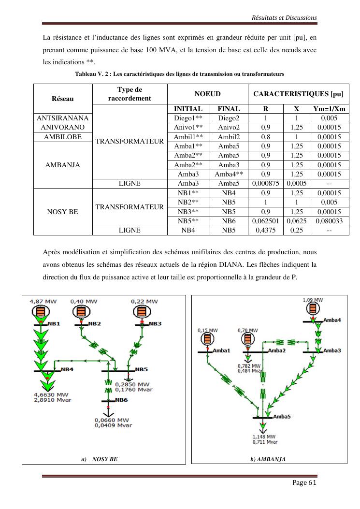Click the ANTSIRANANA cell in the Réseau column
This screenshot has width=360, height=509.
point(63,118)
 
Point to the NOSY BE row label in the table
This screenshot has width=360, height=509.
point(63,212)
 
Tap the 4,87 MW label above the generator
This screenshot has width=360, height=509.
point(43,301)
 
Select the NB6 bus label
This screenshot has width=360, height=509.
point(121,400)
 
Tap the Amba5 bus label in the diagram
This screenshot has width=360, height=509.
point(282,416)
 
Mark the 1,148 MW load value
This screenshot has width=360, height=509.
point(264,437)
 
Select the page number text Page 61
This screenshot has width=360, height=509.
point(304,483)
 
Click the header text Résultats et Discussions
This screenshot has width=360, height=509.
point(285,18)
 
